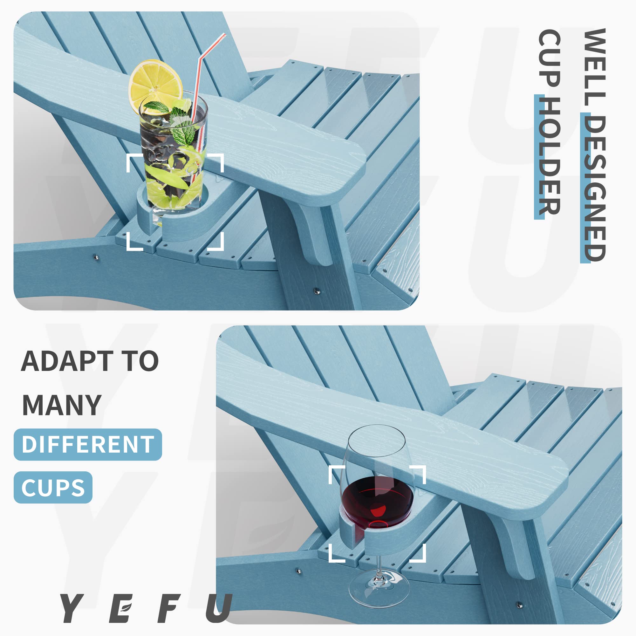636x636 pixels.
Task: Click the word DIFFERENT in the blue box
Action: point(88,444)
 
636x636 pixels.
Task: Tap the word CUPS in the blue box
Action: point(53,488)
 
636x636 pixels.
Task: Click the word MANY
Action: point(62,405)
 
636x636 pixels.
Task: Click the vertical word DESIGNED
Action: point(594,188)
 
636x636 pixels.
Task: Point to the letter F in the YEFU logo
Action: point(170,608)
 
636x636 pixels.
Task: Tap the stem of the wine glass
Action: point(378,566)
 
